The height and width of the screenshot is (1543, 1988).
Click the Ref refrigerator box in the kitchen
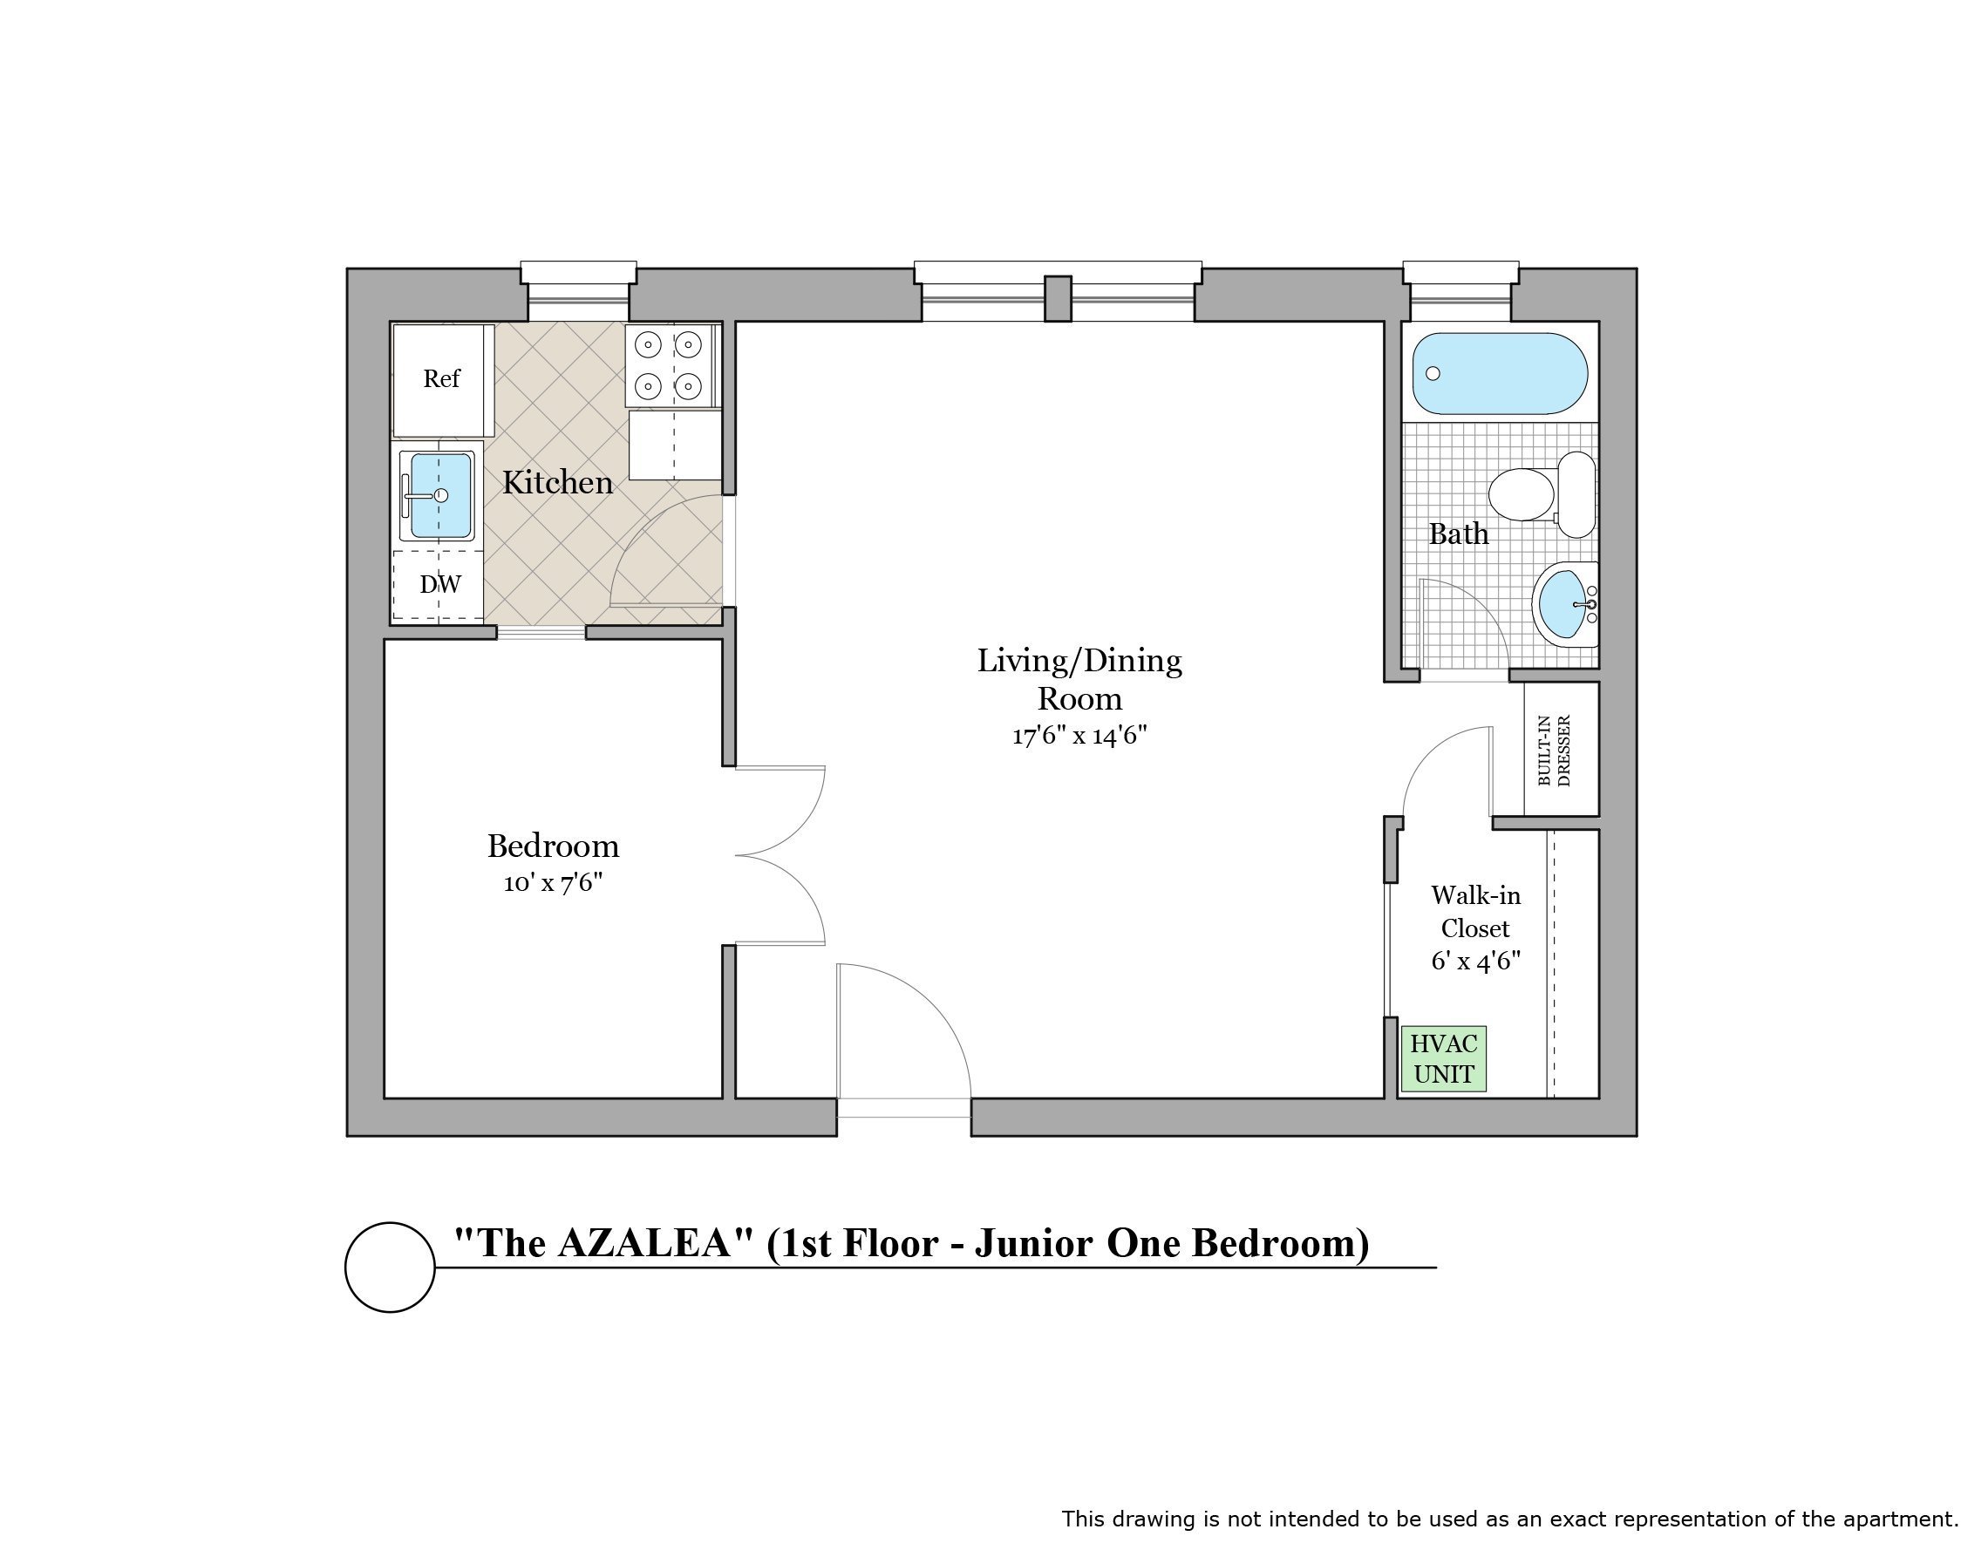coord(443,379)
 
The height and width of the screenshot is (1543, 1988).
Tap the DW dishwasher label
coord(439,584)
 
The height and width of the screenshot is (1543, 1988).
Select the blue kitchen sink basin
coord(440,495)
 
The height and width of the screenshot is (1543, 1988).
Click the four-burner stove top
coord(669,365)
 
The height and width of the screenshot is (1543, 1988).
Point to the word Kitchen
coord(557,482)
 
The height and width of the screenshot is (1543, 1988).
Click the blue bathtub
coord(1499,373)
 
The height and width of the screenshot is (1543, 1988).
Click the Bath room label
coord(1458,534)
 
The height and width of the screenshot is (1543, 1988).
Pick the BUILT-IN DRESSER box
coord(1560,748)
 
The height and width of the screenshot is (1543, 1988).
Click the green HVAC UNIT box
coord(1444,1058)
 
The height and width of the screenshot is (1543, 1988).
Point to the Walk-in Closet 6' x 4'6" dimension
coord(1475,962)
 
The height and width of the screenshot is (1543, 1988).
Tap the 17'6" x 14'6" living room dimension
coord(1079,736)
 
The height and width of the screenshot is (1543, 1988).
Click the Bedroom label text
coord(553,846)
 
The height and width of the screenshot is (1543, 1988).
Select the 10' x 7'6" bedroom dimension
coord(553,883)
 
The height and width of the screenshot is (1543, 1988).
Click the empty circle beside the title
coord(390,1268)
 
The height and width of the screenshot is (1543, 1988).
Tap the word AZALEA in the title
coord(644,1243)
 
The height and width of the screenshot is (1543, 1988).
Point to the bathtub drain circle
coord(1433,373)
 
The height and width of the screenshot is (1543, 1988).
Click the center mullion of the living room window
coord(1057,299)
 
